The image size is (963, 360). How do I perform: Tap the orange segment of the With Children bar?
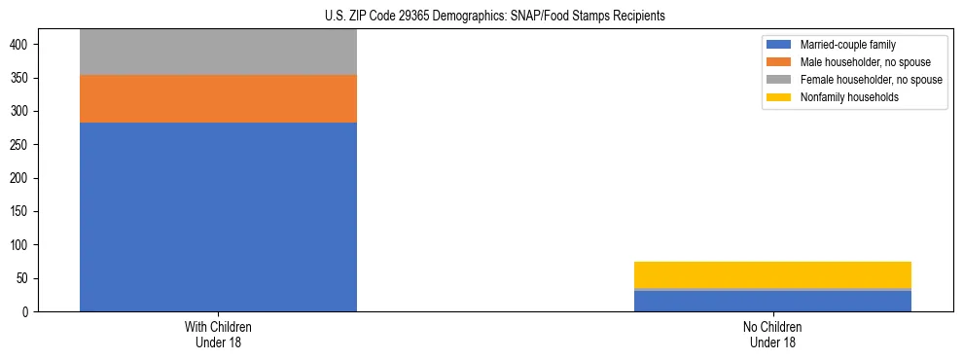click(x=218, y=98)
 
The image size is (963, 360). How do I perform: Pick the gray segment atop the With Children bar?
click(x=218, y=52)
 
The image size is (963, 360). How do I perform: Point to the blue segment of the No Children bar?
click(x=772, y=301)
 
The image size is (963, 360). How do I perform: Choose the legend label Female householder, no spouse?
click(x=871, y=80)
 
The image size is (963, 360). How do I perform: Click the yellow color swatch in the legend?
click(x=779, y=97)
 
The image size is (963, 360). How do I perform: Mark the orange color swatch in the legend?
click(x=779, y=62)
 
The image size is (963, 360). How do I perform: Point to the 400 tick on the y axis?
click(x=26, y=45)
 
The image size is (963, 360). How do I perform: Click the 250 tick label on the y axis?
click(x=26, y=145)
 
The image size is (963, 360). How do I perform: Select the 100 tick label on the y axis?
click(x=26, y=245)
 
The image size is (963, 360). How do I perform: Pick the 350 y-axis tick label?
click(x=26, y=78)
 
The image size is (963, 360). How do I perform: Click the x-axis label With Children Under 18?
click(x=218, y=334)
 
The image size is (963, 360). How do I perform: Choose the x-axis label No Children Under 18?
click(x=772, y=334)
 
